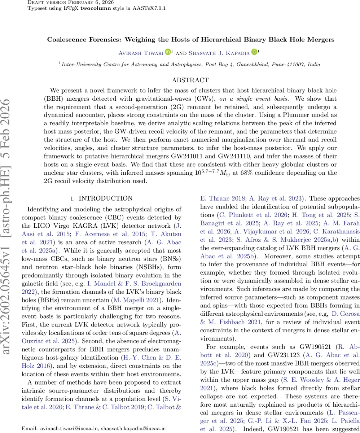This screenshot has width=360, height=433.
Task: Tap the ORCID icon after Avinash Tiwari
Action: (x=168, y=52)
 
